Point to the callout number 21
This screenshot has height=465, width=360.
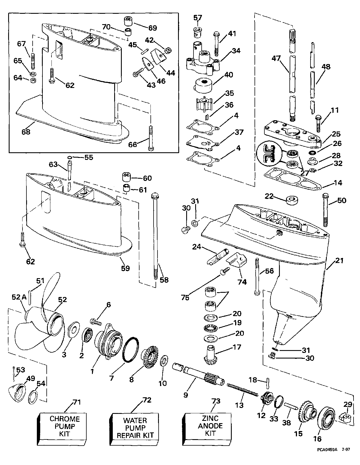339,261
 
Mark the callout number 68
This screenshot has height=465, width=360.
26,131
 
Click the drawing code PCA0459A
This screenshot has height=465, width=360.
328,457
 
